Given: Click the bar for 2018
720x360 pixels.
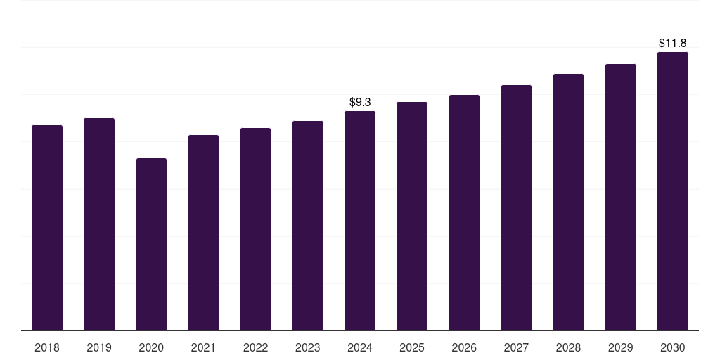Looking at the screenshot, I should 47,228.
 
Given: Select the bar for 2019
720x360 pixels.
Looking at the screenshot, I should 99,224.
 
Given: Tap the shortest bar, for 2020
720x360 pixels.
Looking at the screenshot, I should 151,244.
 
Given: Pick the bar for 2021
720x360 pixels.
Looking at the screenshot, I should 203,233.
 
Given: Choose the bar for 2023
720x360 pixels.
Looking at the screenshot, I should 308,226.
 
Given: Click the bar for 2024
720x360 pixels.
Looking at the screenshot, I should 360,221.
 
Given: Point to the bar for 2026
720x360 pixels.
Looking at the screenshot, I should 464,212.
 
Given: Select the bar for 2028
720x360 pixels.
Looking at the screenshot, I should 568,202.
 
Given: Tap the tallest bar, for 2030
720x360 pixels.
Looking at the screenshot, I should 673,191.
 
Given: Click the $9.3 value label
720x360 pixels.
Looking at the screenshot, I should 360,103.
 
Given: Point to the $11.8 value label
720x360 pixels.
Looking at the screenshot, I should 673,44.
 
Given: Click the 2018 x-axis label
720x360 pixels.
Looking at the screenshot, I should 47,347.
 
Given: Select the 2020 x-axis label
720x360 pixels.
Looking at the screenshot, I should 151,347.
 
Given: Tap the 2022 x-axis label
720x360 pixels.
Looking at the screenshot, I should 255,347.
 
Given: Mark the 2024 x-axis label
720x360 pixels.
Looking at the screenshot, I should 360,347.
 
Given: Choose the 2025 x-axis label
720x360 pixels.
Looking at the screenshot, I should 412,347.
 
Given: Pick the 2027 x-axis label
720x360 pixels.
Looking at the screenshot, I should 516,347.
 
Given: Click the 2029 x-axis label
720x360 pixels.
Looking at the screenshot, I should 621,347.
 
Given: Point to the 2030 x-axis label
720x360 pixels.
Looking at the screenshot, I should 673,347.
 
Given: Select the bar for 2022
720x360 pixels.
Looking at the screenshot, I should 255,229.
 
